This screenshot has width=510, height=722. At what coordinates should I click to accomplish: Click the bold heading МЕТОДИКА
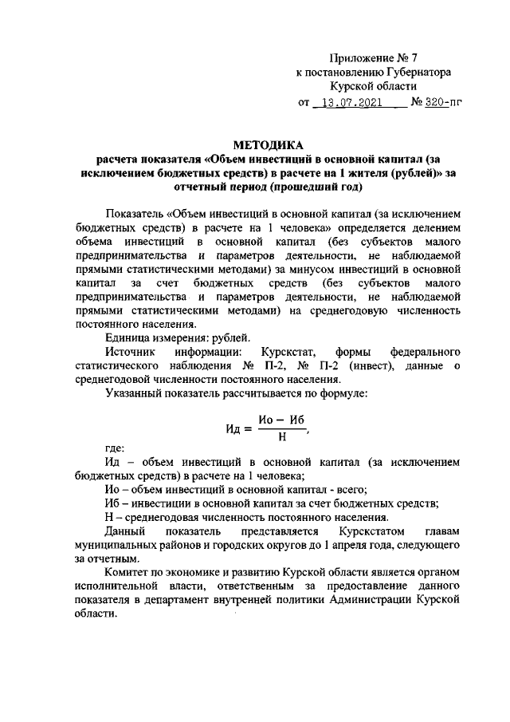[x=269, y=145]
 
